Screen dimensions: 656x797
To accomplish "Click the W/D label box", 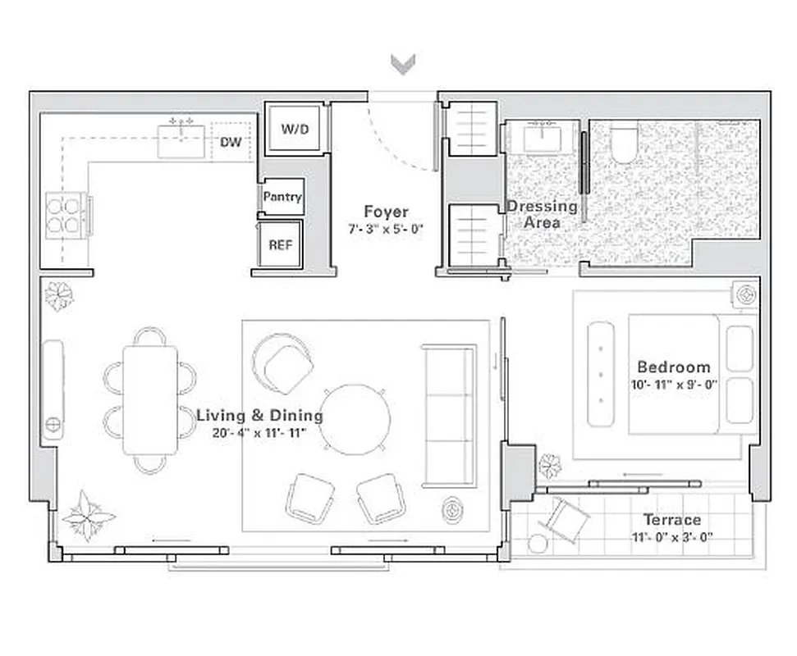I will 297,129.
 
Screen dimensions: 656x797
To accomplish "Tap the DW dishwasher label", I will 231,142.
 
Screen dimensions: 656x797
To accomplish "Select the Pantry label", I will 282,197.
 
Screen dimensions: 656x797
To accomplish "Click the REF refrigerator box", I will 281,244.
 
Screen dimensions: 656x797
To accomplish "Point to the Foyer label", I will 386,212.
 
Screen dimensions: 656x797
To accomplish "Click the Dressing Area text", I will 542,214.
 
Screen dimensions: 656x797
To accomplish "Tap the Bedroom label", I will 673,367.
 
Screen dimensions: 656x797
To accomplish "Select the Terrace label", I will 671,519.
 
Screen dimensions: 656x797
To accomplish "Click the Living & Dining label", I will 259,416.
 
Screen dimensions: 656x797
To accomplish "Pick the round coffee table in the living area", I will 355,419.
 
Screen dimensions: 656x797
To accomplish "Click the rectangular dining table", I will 149,400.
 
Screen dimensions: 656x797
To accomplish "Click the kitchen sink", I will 181,140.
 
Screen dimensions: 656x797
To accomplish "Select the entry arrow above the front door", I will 402,64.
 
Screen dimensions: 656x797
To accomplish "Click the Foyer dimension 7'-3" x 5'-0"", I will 386,230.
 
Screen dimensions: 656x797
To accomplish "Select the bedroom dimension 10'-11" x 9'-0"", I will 673,384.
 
